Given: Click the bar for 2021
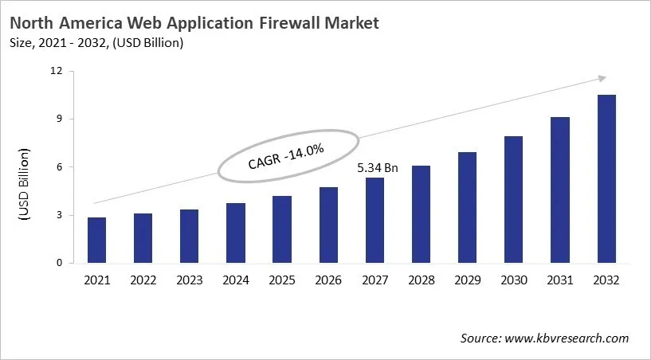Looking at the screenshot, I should point(96,240).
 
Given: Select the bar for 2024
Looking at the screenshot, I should point(236,233).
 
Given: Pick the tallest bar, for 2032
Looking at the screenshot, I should point(606,178).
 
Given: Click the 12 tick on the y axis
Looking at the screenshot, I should point(56,71).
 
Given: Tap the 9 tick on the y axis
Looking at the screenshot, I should point(58,119).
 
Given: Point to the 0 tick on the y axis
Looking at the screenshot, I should point(58,263).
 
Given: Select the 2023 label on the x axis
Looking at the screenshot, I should point(189,280).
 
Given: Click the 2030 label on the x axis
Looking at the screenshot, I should point(514,280).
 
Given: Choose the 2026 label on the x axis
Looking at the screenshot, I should point(328,280).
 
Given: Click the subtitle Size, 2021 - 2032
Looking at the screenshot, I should point(77,42).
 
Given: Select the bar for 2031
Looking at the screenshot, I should point(560,190).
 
